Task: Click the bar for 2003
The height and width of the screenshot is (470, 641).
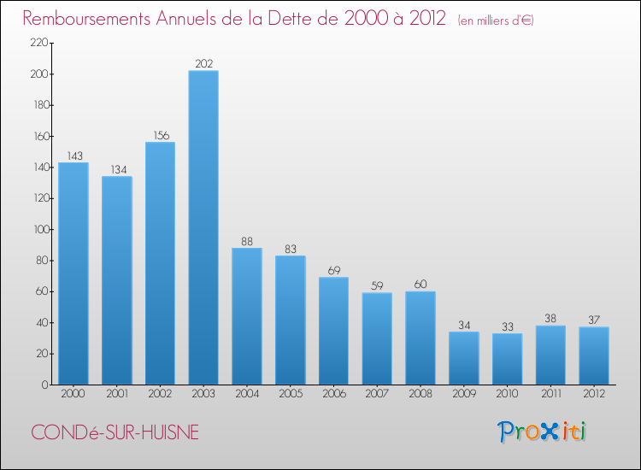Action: point(203,227)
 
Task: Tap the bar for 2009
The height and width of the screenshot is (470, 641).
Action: point(464,358)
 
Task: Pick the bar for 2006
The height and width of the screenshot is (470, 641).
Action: point(333,331)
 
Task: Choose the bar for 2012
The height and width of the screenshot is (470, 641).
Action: point(594,355)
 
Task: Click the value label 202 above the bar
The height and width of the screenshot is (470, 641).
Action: point(203,63)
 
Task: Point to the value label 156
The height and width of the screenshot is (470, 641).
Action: point(160,135)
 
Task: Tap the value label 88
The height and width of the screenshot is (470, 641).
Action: point(247,241)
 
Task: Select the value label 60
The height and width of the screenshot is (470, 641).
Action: point(420,285)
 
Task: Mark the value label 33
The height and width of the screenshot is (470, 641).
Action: point(507,326)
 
